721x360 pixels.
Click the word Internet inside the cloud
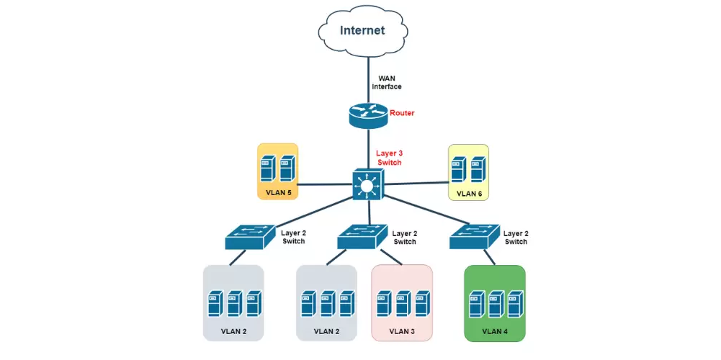point(362,30)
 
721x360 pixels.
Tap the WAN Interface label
point(387,82)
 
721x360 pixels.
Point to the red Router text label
point(402,113)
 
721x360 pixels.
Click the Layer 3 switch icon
point(367,184)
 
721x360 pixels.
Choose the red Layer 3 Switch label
point(389,158)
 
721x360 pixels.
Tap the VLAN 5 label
point(277,193)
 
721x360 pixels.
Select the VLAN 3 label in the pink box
point(402,332)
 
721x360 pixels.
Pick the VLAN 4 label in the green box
point(494,331)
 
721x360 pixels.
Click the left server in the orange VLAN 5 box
point(268,169)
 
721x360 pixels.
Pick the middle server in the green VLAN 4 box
point(494,304)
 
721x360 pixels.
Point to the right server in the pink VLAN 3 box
point(422,304)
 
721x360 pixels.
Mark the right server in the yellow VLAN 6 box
point(478,169)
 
